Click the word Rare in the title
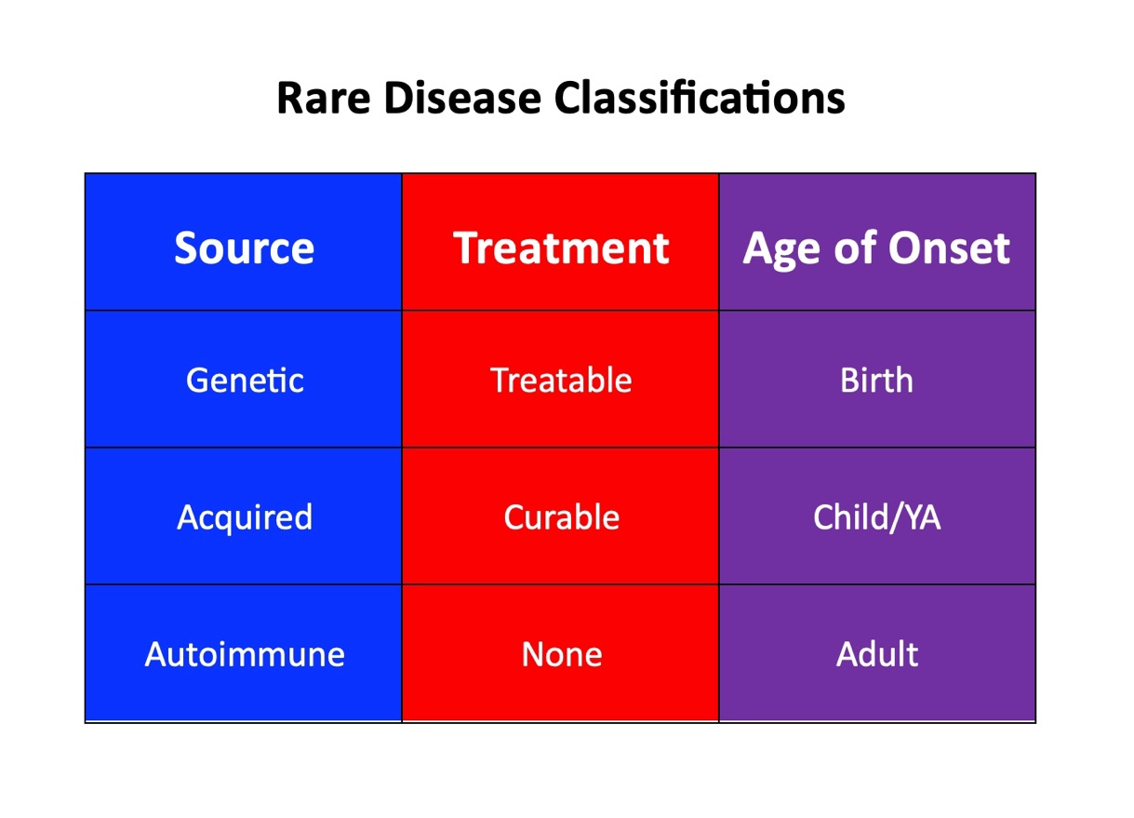coord(324,99)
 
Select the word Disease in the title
coord(462,99)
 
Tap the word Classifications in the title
coord(700,98)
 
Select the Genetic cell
coord(245,380)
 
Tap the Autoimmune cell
coord(245,654)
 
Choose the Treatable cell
coord(561,380)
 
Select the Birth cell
coord(877,380)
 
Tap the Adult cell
coord(877,654)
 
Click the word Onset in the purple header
coord(949,248)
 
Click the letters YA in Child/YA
coord(922,517)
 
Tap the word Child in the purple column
coord(848,517)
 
